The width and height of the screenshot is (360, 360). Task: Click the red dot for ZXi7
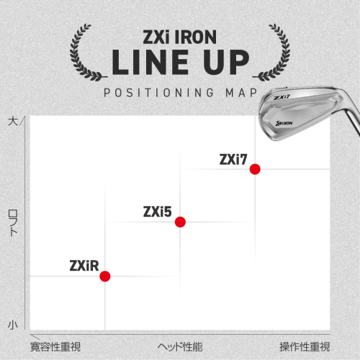coord(255,169)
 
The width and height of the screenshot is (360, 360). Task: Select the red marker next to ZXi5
coord(180,222)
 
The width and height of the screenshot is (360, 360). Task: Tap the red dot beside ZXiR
coord(105,276)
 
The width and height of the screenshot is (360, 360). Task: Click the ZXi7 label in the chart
coord(233,159)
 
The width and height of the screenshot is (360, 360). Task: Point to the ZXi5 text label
coord(158,212)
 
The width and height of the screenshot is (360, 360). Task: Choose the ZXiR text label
coord(84,266)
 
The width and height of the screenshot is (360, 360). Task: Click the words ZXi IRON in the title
coord(180,37)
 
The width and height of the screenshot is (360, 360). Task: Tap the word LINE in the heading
coord(150,62)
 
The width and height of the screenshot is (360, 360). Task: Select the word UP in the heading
coord(227,62)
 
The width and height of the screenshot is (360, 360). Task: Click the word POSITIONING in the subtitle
coord(158,93)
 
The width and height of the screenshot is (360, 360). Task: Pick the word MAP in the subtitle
coord(241,93)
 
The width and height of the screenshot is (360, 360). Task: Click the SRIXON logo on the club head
coord(284,123)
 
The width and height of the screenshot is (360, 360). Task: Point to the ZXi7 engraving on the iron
coord(282,97)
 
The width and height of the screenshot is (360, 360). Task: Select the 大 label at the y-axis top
coord(13,121)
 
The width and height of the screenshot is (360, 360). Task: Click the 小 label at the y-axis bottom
coord(13,325)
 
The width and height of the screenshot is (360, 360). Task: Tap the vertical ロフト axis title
coord(13,222)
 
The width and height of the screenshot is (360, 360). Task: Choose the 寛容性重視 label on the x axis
coord(55,347)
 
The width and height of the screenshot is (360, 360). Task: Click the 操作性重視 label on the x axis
coord(305,347)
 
